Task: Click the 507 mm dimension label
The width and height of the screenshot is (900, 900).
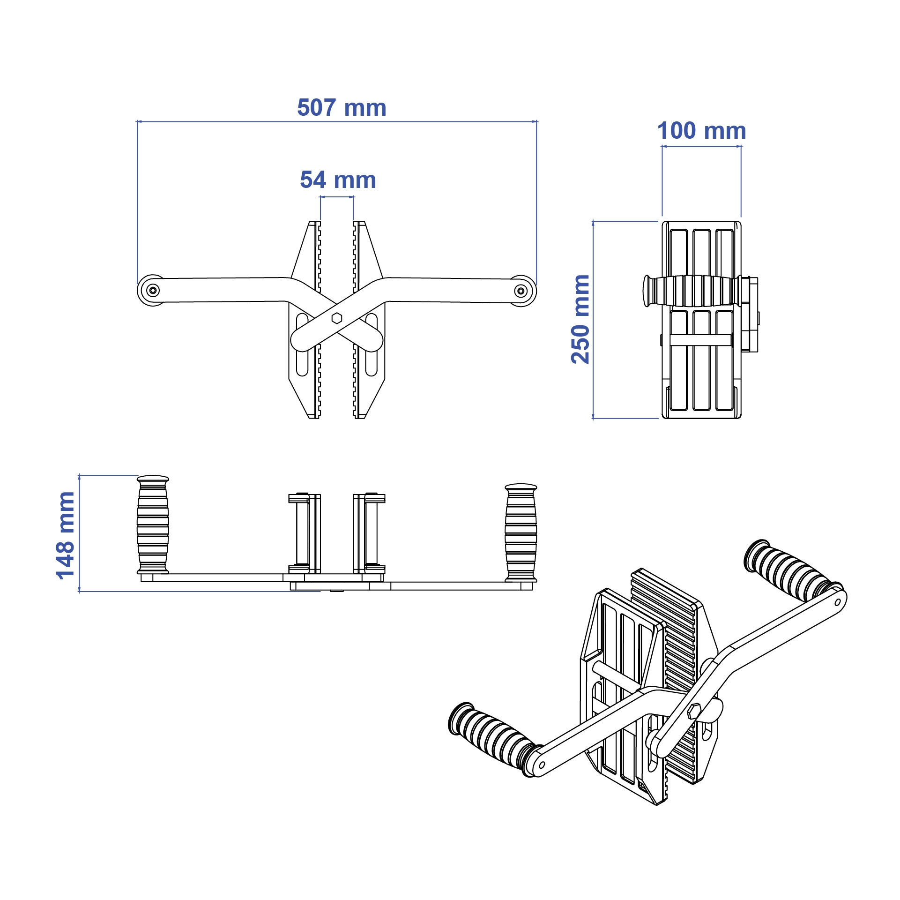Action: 342,108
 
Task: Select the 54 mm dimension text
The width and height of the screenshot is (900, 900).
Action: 338,180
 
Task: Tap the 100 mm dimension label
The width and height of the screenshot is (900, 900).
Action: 701,131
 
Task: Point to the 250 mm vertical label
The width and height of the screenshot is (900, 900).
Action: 580,319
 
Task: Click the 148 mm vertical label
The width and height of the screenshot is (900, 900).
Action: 65,535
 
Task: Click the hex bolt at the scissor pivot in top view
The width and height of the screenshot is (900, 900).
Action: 336,318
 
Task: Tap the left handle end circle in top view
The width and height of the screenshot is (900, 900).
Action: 153,291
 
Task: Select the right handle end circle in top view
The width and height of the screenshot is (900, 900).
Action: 521,291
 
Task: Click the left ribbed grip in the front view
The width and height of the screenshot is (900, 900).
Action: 153,525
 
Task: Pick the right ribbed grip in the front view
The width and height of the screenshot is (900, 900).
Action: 521,532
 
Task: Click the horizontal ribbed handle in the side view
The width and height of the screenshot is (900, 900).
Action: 692,291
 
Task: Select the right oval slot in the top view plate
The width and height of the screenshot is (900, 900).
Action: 372,345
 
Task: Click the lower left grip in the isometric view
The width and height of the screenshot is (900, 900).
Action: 492,736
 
